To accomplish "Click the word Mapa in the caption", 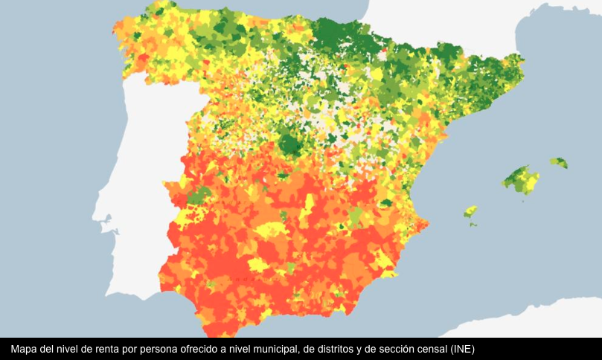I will (25, 349).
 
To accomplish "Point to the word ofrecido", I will (206, 349).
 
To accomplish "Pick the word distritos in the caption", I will (332, 349).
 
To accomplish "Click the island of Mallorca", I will (521, 179).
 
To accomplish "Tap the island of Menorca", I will (558, 162).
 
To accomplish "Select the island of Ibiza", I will (470, 212).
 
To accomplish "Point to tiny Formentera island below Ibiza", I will (473, 224).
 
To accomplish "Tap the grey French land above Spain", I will (446, 30).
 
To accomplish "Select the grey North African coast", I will (521, 320).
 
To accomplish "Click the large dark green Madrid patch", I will (290, 143).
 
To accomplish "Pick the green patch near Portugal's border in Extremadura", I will (199, 196).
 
